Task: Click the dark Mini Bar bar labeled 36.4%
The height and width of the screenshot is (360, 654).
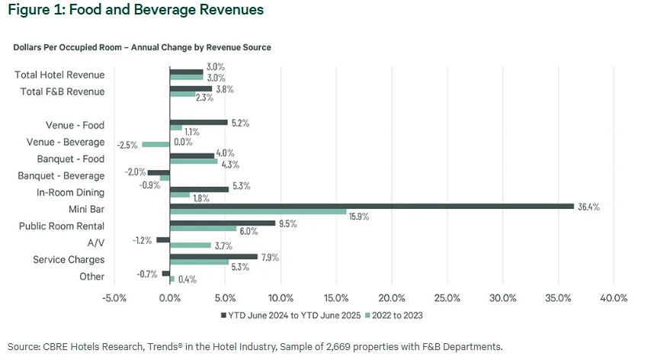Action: tap(371, 205)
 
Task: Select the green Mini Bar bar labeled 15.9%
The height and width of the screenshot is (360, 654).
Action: tap(258, 211)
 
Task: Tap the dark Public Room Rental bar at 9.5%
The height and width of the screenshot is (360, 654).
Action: tap(222, 223)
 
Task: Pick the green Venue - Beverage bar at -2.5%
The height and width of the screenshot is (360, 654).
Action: tap(155, 143)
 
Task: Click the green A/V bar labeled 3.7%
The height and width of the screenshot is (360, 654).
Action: tap(190, 245)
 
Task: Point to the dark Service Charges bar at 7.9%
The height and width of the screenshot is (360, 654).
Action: tap(213, 256)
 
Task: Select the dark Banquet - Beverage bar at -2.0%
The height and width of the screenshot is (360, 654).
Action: tap(159, 172)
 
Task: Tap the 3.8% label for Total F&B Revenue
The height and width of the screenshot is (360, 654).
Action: tap(223, 88)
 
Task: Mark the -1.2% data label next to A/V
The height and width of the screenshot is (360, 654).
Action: tap(143, 239)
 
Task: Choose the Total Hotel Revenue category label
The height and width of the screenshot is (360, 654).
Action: tap(59, 75)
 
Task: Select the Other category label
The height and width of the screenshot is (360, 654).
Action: tap(91, 276)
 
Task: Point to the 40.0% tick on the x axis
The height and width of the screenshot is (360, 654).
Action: tap(614, 297)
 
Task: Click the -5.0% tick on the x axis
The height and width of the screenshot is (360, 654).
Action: tap(114, 297)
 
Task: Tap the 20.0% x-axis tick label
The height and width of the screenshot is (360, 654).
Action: tap(392, 297)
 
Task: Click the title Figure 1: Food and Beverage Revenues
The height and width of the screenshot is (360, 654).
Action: tap(135, 10)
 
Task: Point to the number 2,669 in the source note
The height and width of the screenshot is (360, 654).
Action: tap(332, 346)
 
